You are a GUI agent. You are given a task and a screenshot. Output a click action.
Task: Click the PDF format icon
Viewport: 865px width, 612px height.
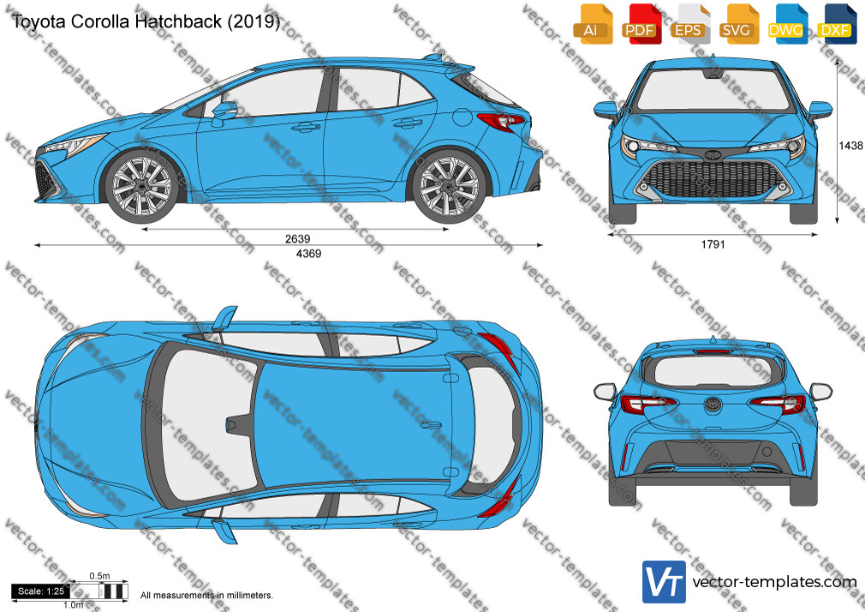[x=641, y=23]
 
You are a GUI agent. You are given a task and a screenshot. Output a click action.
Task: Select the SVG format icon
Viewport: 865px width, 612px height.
[x=739, y=23]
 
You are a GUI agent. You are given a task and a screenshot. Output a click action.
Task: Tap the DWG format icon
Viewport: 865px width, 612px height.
[x=788, y=23]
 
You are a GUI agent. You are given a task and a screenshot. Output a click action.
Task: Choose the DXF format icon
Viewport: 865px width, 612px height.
[x=837, y=23]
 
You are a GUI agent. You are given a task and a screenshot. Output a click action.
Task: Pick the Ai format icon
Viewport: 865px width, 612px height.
[x=593, y=23]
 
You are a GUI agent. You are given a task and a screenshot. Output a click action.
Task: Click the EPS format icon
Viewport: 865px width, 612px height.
[x=690, y=23]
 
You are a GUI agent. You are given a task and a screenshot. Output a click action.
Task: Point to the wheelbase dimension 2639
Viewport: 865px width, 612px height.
[x=297, y=238]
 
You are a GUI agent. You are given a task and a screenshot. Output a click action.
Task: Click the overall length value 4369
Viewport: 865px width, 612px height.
[x=308, y=254]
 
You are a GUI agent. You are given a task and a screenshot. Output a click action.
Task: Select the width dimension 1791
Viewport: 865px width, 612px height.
[x=713, y=244]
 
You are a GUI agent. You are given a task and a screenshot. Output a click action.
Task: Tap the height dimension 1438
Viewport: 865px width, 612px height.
[x=850, y=145]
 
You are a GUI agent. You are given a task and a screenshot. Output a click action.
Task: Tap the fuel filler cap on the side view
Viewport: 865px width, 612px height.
[x=462, y=117]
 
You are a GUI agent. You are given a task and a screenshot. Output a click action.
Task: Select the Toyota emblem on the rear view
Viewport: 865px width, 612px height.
[x=713, y=405]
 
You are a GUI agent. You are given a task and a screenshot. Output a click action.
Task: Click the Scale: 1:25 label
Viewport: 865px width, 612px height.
[x=41, y=591]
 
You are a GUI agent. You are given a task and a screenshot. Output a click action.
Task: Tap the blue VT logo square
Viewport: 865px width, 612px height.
[x=665, y=582]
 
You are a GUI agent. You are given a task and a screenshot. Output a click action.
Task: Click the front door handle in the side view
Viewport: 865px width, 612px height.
[x=305, y=127]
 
